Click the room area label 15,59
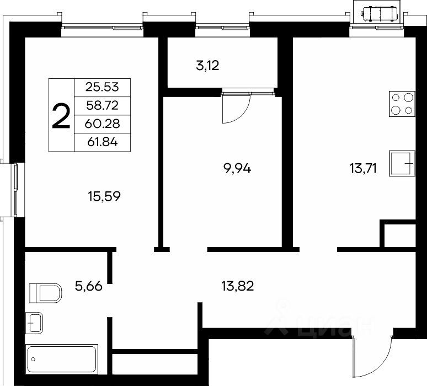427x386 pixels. coord(104,196)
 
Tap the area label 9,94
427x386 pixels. coord(237,169)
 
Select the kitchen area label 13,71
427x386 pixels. coord(363,169)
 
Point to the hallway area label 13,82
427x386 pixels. coord(237,286)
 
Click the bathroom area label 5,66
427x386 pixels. coord(88,286)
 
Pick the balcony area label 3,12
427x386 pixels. coord(207,66)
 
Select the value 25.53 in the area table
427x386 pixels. coord(102,87)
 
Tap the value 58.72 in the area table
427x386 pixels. coord(103,105)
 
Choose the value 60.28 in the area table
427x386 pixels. coord(102,124)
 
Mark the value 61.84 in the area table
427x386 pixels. coord(103,142)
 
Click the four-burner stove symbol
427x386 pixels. coord(402,104)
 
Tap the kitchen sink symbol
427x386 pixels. coord(402,163)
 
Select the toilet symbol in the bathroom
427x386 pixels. coord(45,293)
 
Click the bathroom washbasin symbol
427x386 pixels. coord(34,323)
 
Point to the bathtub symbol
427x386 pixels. coord(62,360)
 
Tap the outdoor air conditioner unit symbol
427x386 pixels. coord(380,13)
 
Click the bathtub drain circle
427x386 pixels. coord(33,360)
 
